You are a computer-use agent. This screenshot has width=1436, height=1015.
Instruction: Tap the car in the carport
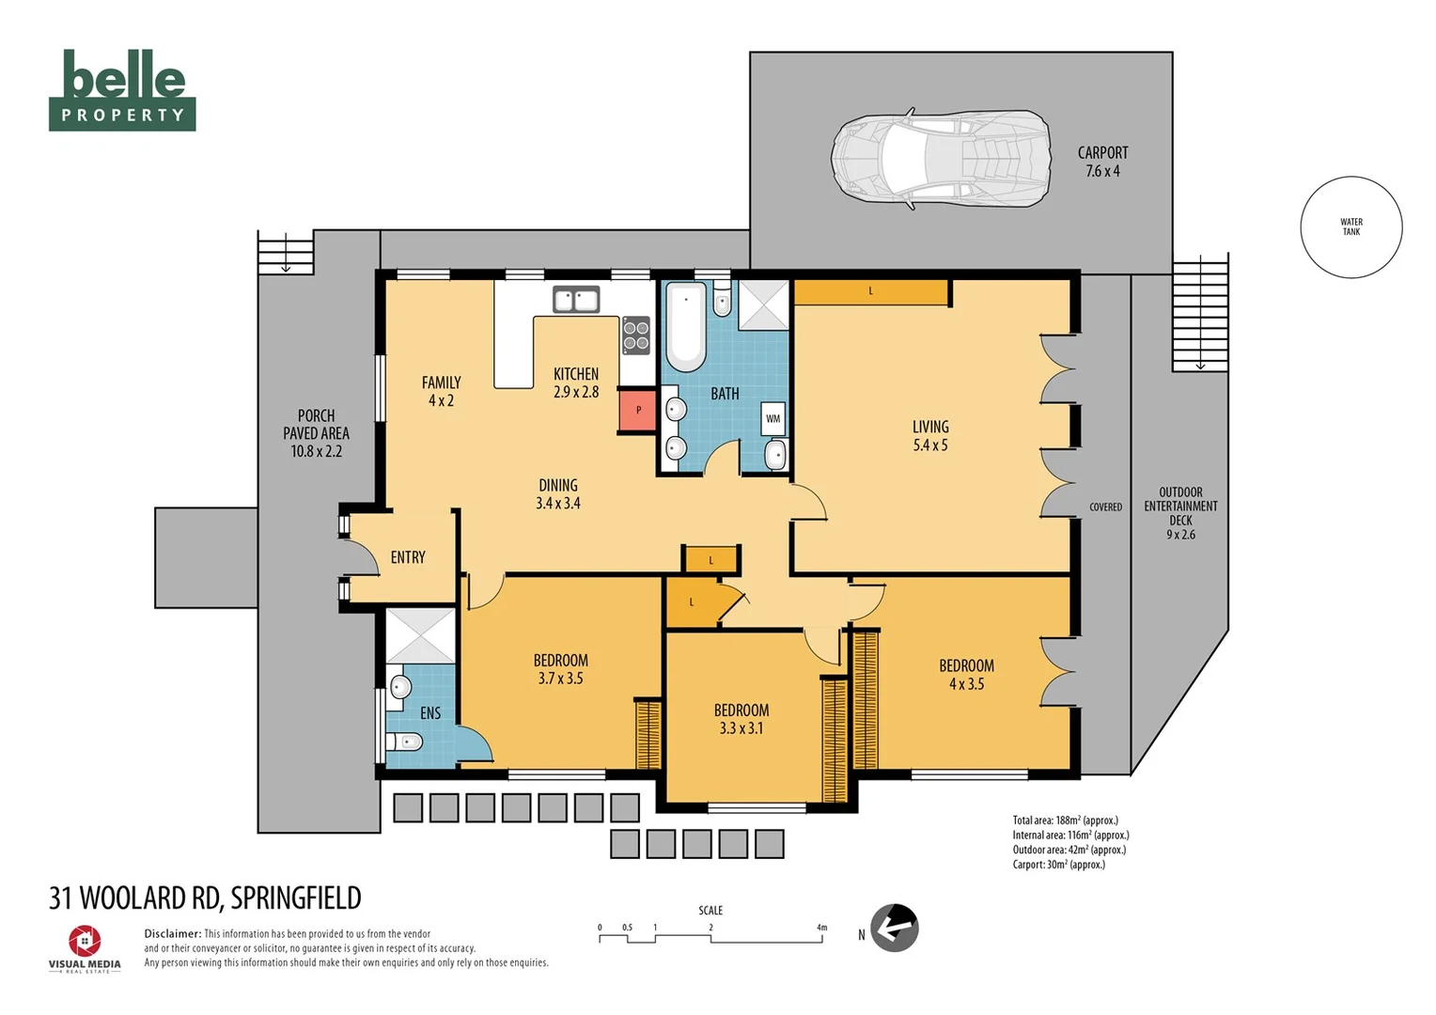941,159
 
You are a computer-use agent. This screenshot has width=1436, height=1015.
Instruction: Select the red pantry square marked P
638,410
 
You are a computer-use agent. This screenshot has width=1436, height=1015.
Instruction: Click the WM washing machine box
773,419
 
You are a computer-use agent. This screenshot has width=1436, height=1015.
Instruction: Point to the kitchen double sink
576,300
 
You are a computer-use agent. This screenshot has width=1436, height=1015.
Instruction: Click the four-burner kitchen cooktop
636,335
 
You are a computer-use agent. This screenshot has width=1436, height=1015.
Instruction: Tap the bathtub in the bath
686,326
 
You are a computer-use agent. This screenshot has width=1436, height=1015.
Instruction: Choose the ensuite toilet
404,742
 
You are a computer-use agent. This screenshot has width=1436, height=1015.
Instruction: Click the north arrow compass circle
895,928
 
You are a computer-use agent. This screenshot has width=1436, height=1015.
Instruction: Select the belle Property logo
122,90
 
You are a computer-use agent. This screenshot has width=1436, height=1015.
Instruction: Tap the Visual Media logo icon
85,941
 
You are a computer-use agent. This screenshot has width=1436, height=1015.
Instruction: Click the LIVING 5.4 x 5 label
930,435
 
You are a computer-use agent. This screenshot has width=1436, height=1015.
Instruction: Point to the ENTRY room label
408,557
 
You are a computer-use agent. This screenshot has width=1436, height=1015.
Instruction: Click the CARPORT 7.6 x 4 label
1102,162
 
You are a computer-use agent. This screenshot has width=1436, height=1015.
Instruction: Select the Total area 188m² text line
1066,820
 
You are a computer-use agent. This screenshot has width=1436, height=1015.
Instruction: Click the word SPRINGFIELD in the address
295,898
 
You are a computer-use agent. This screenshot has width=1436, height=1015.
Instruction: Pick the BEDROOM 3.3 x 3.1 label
741,719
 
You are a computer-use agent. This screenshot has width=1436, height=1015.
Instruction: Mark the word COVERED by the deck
1106,507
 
